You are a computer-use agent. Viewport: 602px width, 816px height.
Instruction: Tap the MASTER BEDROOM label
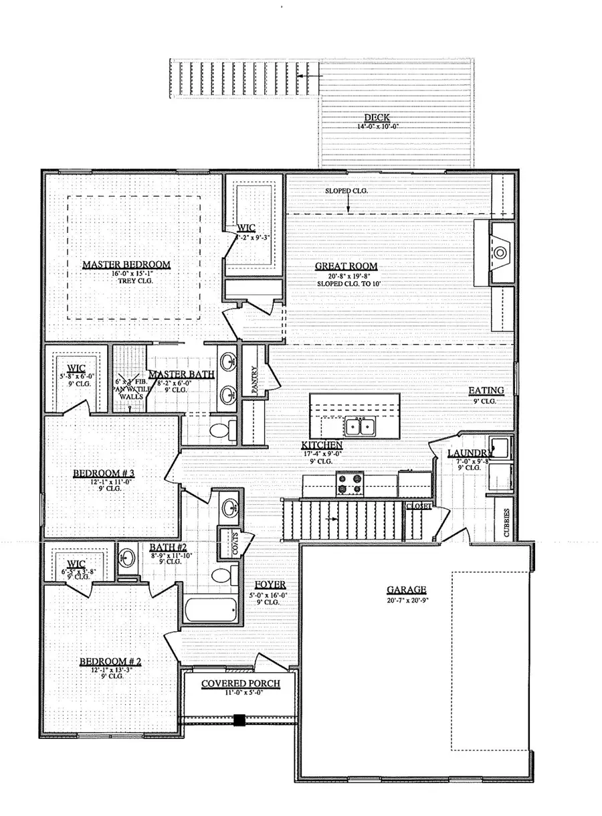tap(126, 265)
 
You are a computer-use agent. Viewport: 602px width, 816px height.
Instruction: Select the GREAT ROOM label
tap(346, 266)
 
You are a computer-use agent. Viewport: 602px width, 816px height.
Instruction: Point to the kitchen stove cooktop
tap(349, 484)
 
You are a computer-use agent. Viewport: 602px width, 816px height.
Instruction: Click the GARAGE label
tap(406, 590)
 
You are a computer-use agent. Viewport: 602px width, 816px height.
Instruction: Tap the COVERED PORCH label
tap(240, 683)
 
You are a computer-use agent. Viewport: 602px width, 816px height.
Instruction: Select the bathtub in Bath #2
tap(211, 611)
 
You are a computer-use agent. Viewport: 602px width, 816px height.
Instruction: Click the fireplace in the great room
tap(500, 252)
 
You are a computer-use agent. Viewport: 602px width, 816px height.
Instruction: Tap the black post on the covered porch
tap(239, 720)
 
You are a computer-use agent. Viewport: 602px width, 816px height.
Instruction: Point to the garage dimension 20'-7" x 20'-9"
tap(406, 600)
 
